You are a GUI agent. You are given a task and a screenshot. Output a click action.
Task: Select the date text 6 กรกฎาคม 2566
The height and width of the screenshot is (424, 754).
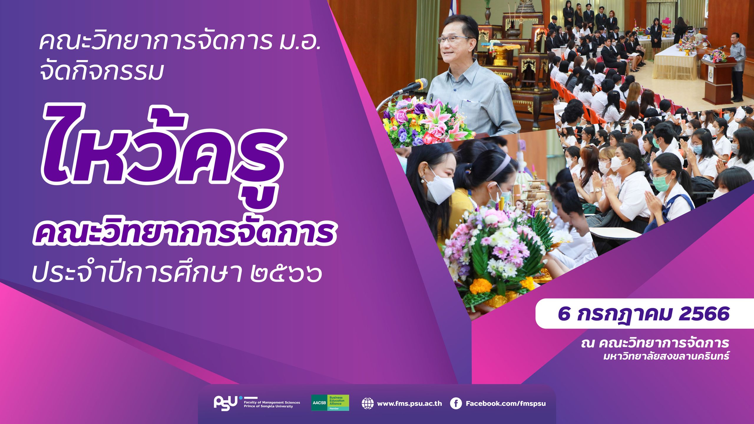[644, 314]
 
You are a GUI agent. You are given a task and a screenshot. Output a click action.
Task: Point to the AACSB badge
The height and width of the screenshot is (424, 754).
[330, 403]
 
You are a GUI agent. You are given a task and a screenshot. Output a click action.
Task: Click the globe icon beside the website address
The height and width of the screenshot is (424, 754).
[368, 403]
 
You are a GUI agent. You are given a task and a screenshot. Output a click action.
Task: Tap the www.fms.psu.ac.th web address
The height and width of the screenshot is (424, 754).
[409, 403]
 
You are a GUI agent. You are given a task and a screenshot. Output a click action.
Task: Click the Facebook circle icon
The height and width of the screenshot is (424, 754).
[456, 403]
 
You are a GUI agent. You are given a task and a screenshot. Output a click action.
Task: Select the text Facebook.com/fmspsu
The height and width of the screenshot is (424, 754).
[506, 403]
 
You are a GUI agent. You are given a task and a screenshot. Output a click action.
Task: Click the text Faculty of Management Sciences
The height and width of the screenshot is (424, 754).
[272, 402]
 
